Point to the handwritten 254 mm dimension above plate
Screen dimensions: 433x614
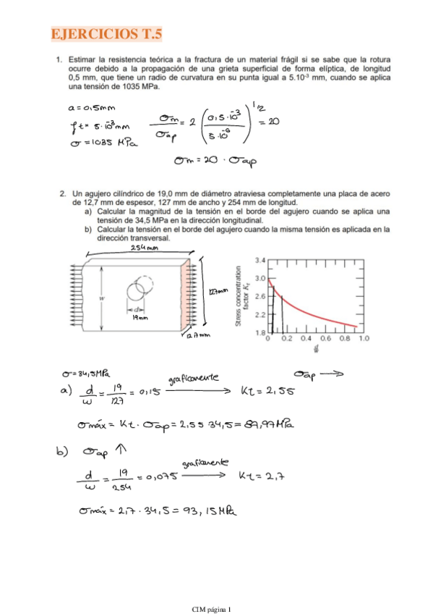tap(145, 248)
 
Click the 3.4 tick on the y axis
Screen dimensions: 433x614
tap(260, 258)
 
